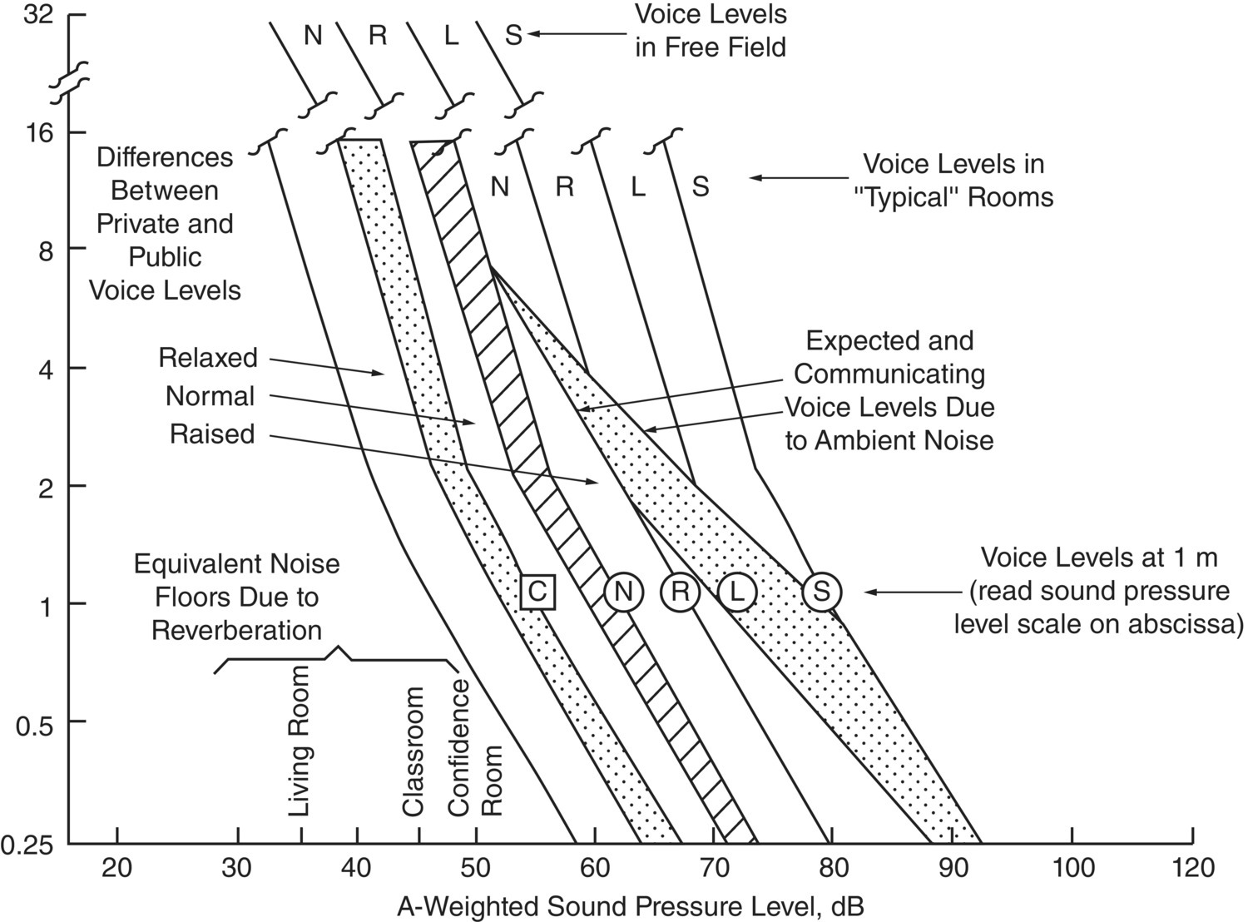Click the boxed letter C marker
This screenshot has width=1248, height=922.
point(537,592)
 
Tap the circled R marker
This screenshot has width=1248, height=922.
point(680,592)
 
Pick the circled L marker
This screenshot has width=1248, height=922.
point(737,592)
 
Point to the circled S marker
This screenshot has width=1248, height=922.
point(822,592)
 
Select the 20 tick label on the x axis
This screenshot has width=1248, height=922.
point(117,868)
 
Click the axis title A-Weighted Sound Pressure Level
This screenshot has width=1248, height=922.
point(631,905)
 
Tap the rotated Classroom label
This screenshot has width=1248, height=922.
point(414,751)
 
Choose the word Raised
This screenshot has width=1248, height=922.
point(212,434)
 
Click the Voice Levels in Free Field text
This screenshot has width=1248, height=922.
point(711,31)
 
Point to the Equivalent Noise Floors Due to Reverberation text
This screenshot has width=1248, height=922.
point(237,597)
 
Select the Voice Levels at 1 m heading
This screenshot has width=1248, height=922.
point(1099,557)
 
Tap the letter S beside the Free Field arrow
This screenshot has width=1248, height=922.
point(513,35)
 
